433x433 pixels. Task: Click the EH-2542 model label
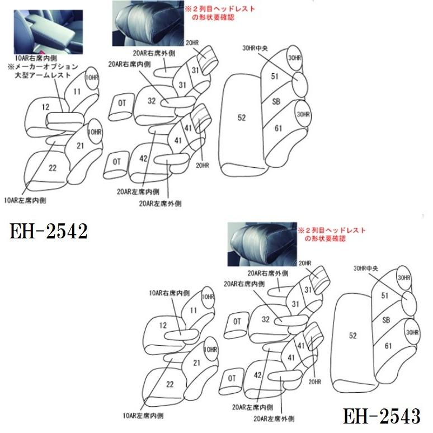49,230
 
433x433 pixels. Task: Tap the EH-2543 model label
382,416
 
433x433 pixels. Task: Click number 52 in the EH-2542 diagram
242,117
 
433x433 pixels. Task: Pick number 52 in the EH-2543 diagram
352,336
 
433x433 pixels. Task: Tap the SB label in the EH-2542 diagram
276,102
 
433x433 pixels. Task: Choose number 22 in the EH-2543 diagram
170,384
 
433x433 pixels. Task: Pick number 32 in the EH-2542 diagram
151,101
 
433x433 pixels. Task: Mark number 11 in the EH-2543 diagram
193,309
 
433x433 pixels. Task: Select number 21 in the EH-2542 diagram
81,146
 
